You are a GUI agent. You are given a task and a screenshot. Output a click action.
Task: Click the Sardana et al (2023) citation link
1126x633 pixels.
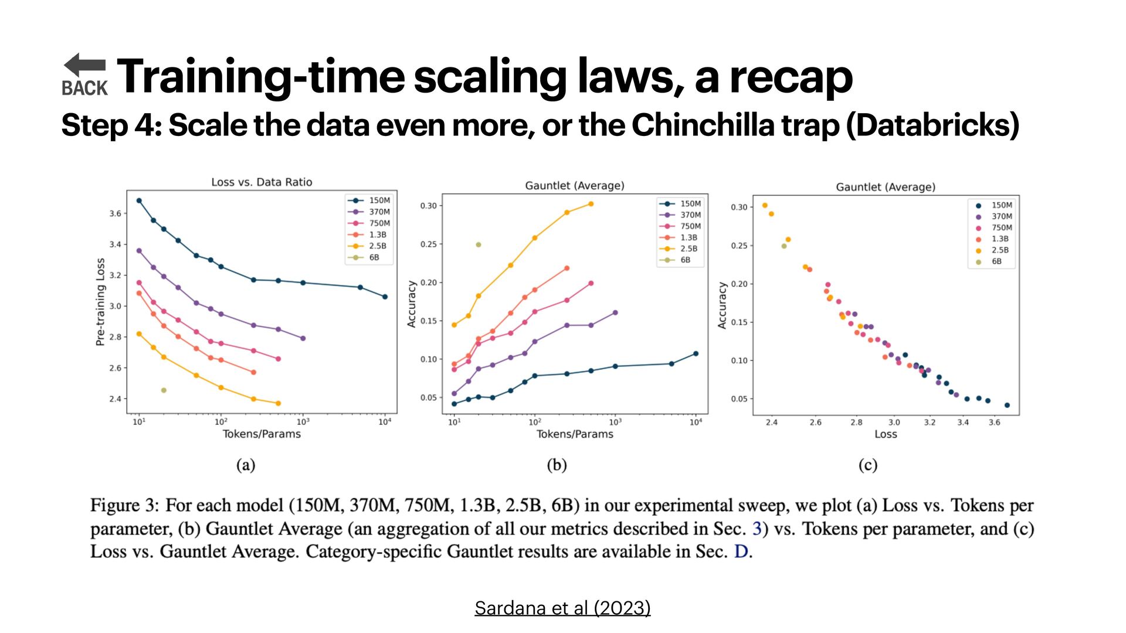(x=562, y=608)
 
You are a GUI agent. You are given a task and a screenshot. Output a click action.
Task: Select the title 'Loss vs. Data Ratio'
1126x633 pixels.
(x=262, y=182)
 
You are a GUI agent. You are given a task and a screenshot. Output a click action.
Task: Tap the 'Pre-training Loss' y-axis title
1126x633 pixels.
(x=100, y=302)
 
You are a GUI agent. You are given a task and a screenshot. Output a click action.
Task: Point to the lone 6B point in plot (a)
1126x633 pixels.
(x=164, y=390)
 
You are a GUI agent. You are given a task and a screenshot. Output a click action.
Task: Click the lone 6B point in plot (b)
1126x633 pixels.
(x=479, y=245)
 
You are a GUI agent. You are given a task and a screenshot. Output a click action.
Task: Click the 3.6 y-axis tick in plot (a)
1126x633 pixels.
(x=115, y=213)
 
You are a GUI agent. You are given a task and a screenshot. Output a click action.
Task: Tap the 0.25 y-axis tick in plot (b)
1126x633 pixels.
(x=428, y=244)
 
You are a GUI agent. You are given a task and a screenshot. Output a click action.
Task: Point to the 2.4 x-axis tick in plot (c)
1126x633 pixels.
(x=771, y=422)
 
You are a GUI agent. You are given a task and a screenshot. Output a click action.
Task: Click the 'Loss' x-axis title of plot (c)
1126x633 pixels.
(x=886, y=434)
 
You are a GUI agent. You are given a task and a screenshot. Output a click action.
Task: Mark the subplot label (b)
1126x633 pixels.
(x=557, y=465)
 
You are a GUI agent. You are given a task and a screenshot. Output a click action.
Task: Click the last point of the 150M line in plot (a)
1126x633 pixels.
(x=385, y=297)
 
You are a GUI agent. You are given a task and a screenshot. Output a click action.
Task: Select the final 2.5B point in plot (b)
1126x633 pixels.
(x=591, y=204)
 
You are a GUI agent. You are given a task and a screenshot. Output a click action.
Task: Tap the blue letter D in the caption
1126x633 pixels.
(x=741, y=552)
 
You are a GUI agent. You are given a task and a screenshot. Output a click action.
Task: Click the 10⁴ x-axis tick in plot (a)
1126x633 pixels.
(x=385, y=422)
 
